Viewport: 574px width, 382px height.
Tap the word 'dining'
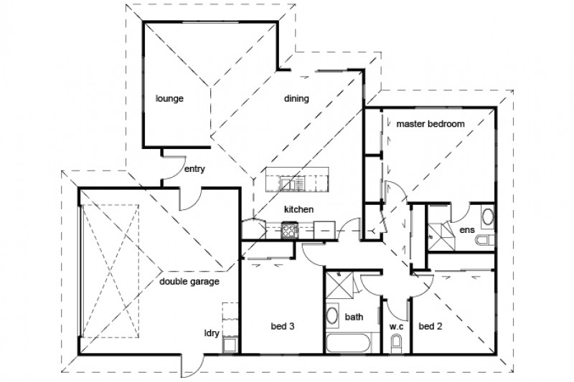click(296, 99)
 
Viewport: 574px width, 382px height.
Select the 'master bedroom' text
click(430, 123)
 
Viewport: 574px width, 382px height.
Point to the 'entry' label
click(196, 170)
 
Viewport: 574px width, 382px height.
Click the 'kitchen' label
click(298, 209)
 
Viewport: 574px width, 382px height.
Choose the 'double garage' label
click(189, 282)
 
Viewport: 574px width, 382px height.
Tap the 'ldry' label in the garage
click(211, 333)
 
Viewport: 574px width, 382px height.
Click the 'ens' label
click(467, 229)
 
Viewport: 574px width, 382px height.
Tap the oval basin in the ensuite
click(486, 216)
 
